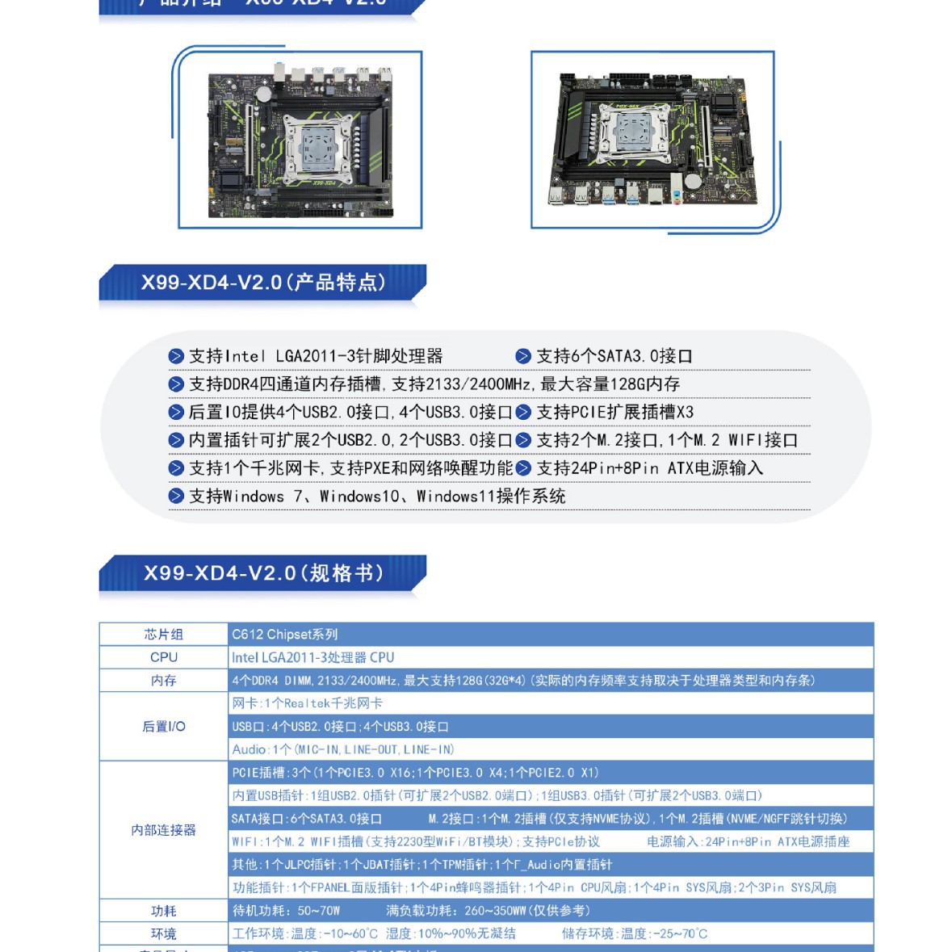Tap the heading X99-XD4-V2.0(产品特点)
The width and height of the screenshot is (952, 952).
point(262,283)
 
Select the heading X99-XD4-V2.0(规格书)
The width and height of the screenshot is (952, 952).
point(263,573)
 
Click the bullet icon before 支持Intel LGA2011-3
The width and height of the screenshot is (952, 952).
point(176,356)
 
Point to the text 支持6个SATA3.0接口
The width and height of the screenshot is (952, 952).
point(614,356)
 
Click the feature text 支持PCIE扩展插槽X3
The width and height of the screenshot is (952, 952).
point(614,412)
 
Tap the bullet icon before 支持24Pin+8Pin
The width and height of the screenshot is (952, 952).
point(523,468)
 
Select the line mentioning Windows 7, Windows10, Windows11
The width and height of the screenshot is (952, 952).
point(376,496)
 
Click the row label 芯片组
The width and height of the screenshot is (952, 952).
point(164,635)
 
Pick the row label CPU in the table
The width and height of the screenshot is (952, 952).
point(164,657)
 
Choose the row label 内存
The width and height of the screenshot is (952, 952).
point(164,681)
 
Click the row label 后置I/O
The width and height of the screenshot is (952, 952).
point(164,727)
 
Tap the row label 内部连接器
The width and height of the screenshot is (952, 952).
point(164,830)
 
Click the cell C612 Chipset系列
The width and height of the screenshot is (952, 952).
point(285,635)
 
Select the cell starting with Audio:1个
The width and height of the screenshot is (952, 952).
point(343,749)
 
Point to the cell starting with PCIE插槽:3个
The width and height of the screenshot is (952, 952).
point(415,773)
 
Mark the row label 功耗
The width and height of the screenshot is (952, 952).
point(164,911)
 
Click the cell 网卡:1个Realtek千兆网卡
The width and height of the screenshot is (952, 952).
point(308,703)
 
